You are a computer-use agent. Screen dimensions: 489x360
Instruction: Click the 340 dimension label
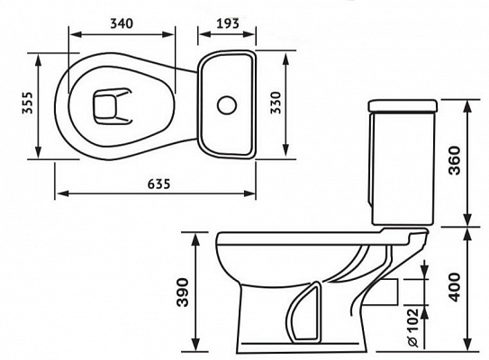(122, 23)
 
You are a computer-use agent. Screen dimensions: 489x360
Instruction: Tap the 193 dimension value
(228, 23)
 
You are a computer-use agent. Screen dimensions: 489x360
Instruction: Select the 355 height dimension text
(27, 103)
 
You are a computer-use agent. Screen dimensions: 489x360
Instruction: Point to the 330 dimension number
(276, 103)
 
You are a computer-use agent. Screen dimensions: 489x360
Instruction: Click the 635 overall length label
(159, 184)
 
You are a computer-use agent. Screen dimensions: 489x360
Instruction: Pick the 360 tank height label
(454, 160)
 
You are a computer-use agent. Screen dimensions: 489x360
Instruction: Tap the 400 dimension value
(454, 287)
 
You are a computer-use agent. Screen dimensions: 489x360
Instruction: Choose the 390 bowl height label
(183, 292)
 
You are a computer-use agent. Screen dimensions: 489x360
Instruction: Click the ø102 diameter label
(412, 328)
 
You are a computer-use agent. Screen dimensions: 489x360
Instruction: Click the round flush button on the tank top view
(227, 105)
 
